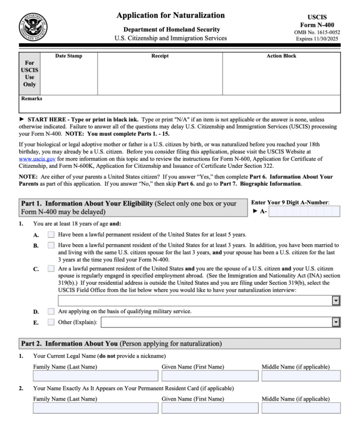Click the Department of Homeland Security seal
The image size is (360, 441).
click(x=33, y=25)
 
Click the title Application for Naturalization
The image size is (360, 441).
click(x=171, y=16)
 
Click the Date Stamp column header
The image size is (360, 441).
click(x=69, y=56)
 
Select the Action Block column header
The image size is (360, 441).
click(x=281, y=56)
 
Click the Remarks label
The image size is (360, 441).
click(x=32, y=99)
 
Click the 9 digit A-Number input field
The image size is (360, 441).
click(x=304, y=211)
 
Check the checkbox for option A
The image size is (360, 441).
click(x=51, y=235)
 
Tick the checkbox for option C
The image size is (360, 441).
click(x=51, y=269)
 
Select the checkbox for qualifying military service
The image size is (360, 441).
click(x=51, y=311)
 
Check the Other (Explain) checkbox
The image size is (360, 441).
click(x=51, y=322)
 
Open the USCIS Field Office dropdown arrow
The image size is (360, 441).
click(x=336, y=300)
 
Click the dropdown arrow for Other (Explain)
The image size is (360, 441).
click(x=336, y=322)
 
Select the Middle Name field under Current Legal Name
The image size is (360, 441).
click(x=301, y=376)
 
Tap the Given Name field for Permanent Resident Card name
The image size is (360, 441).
click(x=209, y=408)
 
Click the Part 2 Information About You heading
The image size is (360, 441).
click(x=121, y=343)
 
